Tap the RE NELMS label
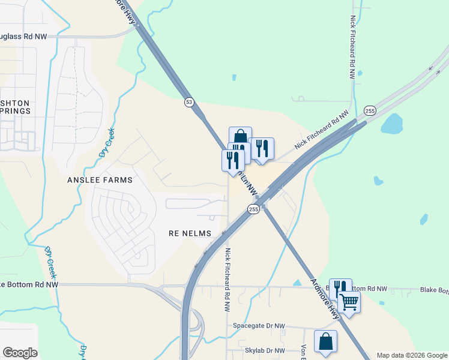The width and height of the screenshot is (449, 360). tap(191, 233)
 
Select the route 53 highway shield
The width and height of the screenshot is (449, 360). tap(189, 103)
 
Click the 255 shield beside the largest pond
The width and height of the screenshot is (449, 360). tap(370, 110)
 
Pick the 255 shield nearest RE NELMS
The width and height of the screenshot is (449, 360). tap(253, 209)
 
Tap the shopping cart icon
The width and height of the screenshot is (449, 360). tap(349, 302)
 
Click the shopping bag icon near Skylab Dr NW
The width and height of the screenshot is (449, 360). tap(325, 341)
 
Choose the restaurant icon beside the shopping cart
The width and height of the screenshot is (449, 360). tap(340, 289)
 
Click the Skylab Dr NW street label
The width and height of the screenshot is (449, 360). tap(263, 350)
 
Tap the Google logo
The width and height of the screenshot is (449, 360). tap(20, 353)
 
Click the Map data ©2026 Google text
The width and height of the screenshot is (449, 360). tap(411, 355)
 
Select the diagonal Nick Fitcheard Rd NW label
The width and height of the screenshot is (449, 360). tap(321, 130)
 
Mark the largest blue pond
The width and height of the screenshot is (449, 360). tap(393, 123)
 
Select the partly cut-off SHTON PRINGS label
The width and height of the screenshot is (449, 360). tap(14, 107)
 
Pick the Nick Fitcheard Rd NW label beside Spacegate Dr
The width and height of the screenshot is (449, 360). tap(228, 280)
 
